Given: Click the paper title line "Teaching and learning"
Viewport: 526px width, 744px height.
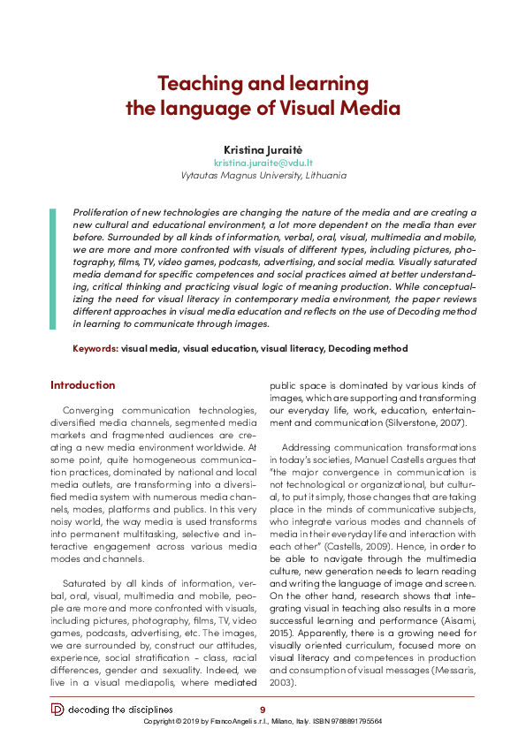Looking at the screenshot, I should [x=263, y=84].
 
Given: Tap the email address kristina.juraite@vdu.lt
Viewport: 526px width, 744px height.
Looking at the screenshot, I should [x=263, y=163].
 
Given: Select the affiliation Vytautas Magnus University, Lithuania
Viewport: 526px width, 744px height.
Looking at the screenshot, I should [x=263, y=175].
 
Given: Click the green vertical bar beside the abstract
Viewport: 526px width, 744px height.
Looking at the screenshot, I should [x=52, y=269].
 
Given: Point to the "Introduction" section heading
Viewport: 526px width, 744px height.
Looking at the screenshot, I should [x=82, y=385].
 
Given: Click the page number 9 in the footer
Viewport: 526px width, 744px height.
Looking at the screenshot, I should [x=262, y=710].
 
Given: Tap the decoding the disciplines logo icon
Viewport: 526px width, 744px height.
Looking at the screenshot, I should [x=57, y=710].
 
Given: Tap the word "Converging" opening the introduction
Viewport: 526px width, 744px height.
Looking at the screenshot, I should [x=93, y=411].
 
